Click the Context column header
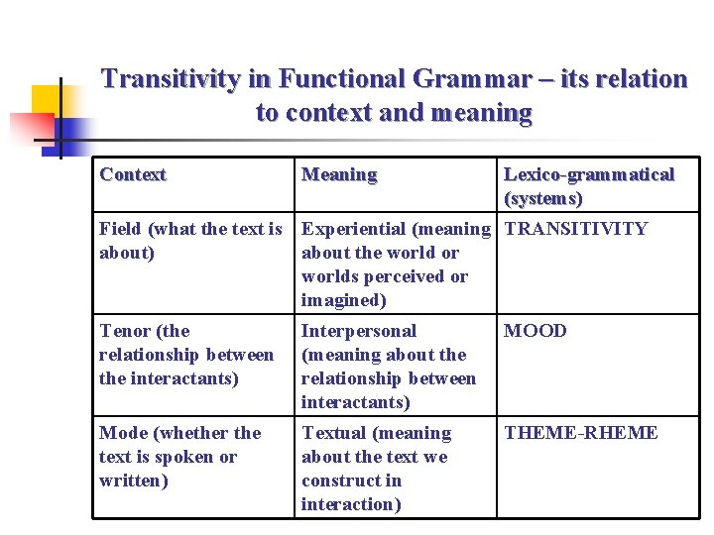pos(133,175)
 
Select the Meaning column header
pos(339,175)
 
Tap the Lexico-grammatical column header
pos(589,175)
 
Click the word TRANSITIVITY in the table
pos(576,229)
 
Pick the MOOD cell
pos(535,331)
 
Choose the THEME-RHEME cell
pos(581,433)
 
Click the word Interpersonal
pos(359,331)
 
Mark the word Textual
pos(334,433)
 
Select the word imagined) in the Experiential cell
pos(343,300)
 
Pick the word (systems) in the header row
pos(543,198)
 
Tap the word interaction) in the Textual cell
pos(351,504)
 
